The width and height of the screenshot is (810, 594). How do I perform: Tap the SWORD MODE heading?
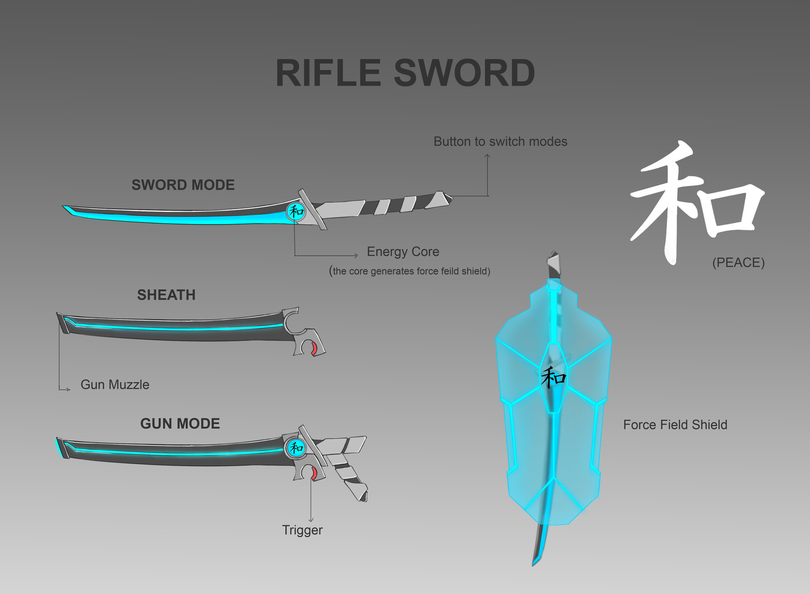(x=183, y=185)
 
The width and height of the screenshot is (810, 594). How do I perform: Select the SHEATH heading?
(x=166, y=295)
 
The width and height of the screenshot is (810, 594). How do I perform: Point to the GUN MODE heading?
(x=180, y=424)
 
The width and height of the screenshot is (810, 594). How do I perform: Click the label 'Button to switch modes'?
(x=500, y=141)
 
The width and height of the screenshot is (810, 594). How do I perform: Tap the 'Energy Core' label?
(x=403, y=251)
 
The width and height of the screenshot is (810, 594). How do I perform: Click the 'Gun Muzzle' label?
(x=115, y=384)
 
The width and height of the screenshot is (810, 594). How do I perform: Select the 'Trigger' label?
(x=302, y=530)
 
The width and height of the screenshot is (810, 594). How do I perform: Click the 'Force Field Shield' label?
(x=675, y=424)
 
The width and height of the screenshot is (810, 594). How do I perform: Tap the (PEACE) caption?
(x=738, y=262)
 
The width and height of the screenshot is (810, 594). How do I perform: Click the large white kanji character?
(x=696, y=202)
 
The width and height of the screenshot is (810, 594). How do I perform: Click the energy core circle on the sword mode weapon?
(x=296, y=211)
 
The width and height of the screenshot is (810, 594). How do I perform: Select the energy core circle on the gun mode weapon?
(x=295, y=447)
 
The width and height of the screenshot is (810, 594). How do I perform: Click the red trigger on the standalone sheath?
(x=314, y=349)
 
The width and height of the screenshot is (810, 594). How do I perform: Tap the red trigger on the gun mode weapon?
(x=313, y=473)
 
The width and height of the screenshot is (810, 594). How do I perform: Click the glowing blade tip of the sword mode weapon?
(x=68, y=209)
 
